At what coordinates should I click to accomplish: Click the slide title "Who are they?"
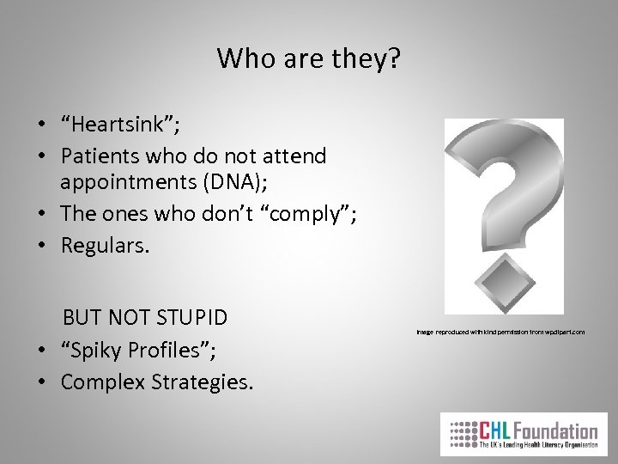click(x=309, y=59)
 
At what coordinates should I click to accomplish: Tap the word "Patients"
click(x=100, y=156)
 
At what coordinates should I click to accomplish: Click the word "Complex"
click(x=99, y=381)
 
